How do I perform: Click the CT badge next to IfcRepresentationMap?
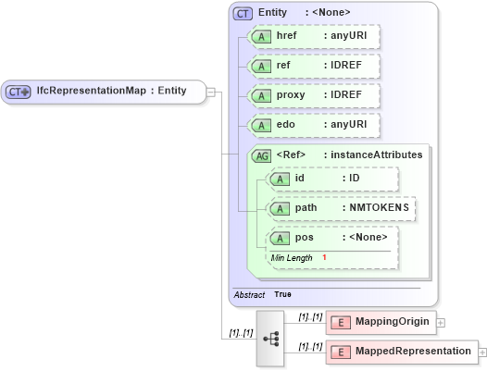[19, 92]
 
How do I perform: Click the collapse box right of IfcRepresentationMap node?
[211, 92]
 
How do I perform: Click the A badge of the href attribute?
[263, 37]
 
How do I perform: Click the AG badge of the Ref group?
[262, 155]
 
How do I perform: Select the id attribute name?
[299, 179]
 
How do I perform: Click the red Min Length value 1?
[324, 257]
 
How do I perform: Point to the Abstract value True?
[282, 294]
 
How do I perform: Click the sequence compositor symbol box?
[271, 339]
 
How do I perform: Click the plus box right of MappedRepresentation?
[482, 352]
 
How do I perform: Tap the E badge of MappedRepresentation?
[341, 352]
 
